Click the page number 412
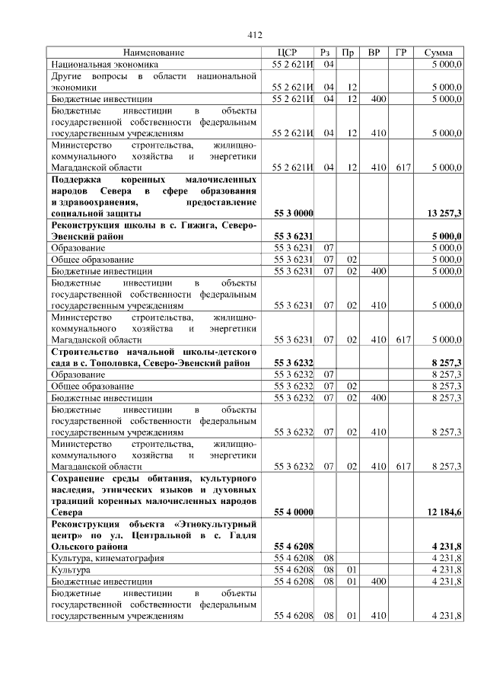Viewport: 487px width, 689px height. click(x=255, y=35)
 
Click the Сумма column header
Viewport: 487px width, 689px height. click(x=439, y=53)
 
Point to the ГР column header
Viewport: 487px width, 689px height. click(x=400, y=53)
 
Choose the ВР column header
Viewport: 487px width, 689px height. click(x=374, y=53)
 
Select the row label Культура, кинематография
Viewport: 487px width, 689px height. click(x=107, y=558)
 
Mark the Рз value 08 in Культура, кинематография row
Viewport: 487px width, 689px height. click(x=329, y=558)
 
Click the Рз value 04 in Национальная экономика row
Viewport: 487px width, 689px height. click(x=329, y=64)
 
